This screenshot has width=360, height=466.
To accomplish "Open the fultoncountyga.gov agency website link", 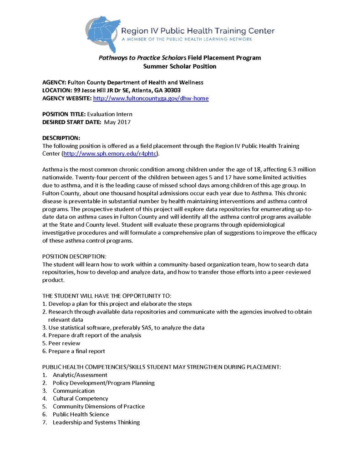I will coord(151,98).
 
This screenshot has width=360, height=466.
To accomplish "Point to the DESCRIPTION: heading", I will coord(61,138).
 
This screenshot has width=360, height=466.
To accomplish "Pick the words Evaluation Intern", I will coord(109,114).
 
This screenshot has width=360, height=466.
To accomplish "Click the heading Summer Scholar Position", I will coord(180,66).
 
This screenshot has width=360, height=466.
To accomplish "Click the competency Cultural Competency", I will coord(81,399).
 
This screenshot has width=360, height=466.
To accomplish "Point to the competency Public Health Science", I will coord(81,414).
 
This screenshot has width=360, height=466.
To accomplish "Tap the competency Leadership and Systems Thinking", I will coord(96,422).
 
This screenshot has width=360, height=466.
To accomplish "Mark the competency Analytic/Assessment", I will coord(80,375).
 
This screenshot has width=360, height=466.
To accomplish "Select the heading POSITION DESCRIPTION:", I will coord(74,257).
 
